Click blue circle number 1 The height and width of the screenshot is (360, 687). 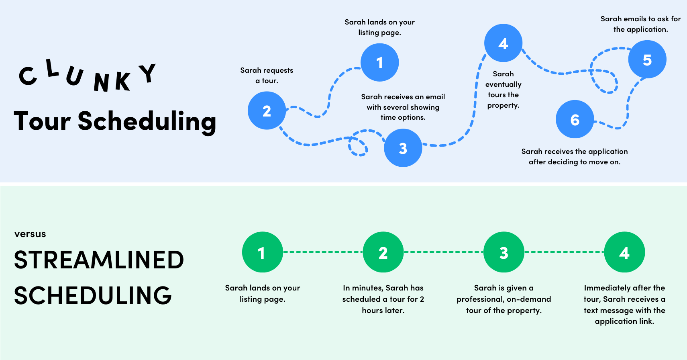pos(379,62)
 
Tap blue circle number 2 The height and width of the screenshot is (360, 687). pos(267,110)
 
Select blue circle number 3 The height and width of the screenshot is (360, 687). pos(403,148)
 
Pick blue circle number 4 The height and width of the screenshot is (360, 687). pos(503,43)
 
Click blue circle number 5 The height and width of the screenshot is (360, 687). pos(647,59)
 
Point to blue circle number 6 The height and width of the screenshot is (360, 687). pos(575,119)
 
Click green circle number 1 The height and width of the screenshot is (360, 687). pos(262,252)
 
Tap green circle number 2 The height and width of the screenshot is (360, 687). pos(383,252)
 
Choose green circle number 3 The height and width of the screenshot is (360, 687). pos(504,252)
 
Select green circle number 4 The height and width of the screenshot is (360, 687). pos(624,252)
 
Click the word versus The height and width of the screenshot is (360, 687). pos(30,234)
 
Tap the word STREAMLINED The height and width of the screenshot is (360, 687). pos(99,260)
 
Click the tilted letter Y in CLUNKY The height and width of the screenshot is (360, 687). pos(147,73)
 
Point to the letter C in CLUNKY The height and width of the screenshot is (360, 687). pos(28,76)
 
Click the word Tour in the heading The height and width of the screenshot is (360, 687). pos(42,121)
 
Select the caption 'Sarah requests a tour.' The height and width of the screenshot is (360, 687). pos(267,76)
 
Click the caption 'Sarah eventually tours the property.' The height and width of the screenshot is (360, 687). pos(503,90)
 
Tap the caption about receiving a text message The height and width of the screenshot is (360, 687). pos(624,304)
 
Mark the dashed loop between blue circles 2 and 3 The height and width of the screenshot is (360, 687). pos(357,147)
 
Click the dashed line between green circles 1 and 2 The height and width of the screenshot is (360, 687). pos(323,252)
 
